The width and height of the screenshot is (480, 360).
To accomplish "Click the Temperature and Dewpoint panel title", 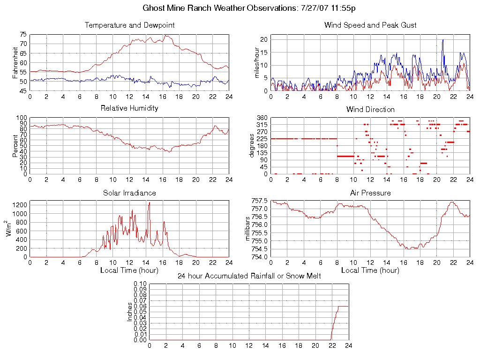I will click(129, 25).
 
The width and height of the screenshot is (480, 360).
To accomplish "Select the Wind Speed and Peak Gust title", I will click(370, 25).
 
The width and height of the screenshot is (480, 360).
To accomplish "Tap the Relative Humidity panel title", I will click(129, 108).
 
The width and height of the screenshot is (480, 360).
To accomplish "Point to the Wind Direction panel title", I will click(370, 109).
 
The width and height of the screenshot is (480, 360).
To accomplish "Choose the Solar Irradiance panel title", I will click(129, 193).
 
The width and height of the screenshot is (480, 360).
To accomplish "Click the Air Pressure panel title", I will click(370, 193).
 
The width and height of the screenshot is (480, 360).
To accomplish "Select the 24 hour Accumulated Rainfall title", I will click(249, 276).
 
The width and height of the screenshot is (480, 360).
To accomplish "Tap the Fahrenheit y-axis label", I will click(15, 62).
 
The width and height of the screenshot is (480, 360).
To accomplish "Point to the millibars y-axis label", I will click(248, 229).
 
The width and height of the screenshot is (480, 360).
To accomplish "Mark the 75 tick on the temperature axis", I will click(23, 35).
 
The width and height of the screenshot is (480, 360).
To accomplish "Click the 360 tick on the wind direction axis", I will click(262, 118).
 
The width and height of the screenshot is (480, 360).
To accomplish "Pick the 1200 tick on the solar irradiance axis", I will click(20, 204).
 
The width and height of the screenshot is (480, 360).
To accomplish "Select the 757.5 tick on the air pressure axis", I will click(259, 201).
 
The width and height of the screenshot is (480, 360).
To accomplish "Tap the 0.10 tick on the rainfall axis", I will click(140, 284).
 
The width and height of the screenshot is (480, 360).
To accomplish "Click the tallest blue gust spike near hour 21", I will click(442, 40).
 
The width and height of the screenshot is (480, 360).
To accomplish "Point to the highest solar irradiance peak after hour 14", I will click(149, 202).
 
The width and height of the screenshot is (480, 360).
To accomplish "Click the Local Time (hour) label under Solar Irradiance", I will click(129, 270).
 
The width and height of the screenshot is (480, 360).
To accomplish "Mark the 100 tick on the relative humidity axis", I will click(22, 118).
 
